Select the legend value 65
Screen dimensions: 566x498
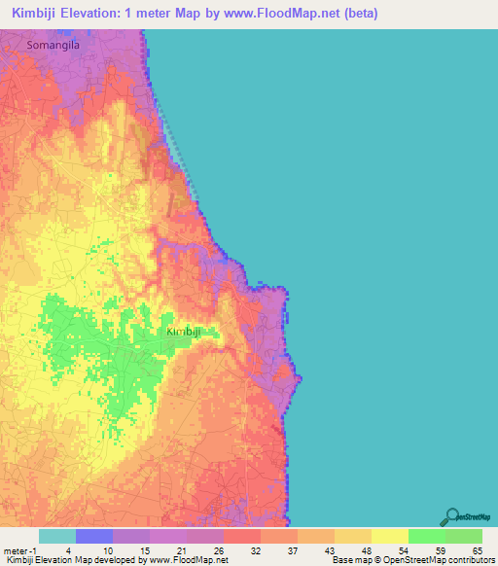pyautogui.click(x=477, y=551)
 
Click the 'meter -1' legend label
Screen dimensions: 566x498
pyautogui.click(x=19, y=551)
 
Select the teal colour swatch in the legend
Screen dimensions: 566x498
pyautogui.click(x=56, y=536)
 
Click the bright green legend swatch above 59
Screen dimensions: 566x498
pyautogui.click(x=426, y=536)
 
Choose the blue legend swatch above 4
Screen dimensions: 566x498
pyautogui.click(x=93, y=536)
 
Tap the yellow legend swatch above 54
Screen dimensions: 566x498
pyautogui.click(x=389, y=536)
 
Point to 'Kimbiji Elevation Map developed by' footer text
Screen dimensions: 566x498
pyautogui.click(x=68, y=560)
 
